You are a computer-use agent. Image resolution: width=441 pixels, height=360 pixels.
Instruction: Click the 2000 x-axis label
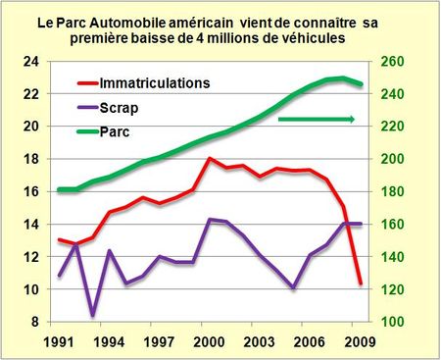click(212, 342)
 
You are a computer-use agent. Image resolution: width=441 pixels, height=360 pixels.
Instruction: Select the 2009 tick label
click(360, 342)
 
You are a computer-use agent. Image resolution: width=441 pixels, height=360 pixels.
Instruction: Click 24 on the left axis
click(31, 61)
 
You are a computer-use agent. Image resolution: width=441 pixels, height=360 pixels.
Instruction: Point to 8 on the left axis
click(35, 322)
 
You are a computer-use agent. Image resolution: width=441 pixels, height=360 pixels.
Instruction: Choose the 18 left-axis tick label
click(31, 159)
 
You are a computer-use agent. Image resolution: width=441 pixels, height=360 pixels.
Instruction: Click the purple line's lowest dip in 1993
click(92, 315)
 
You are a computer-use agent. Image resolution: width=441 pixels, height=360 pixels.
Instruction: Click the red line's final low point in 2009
click(361, 283)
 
